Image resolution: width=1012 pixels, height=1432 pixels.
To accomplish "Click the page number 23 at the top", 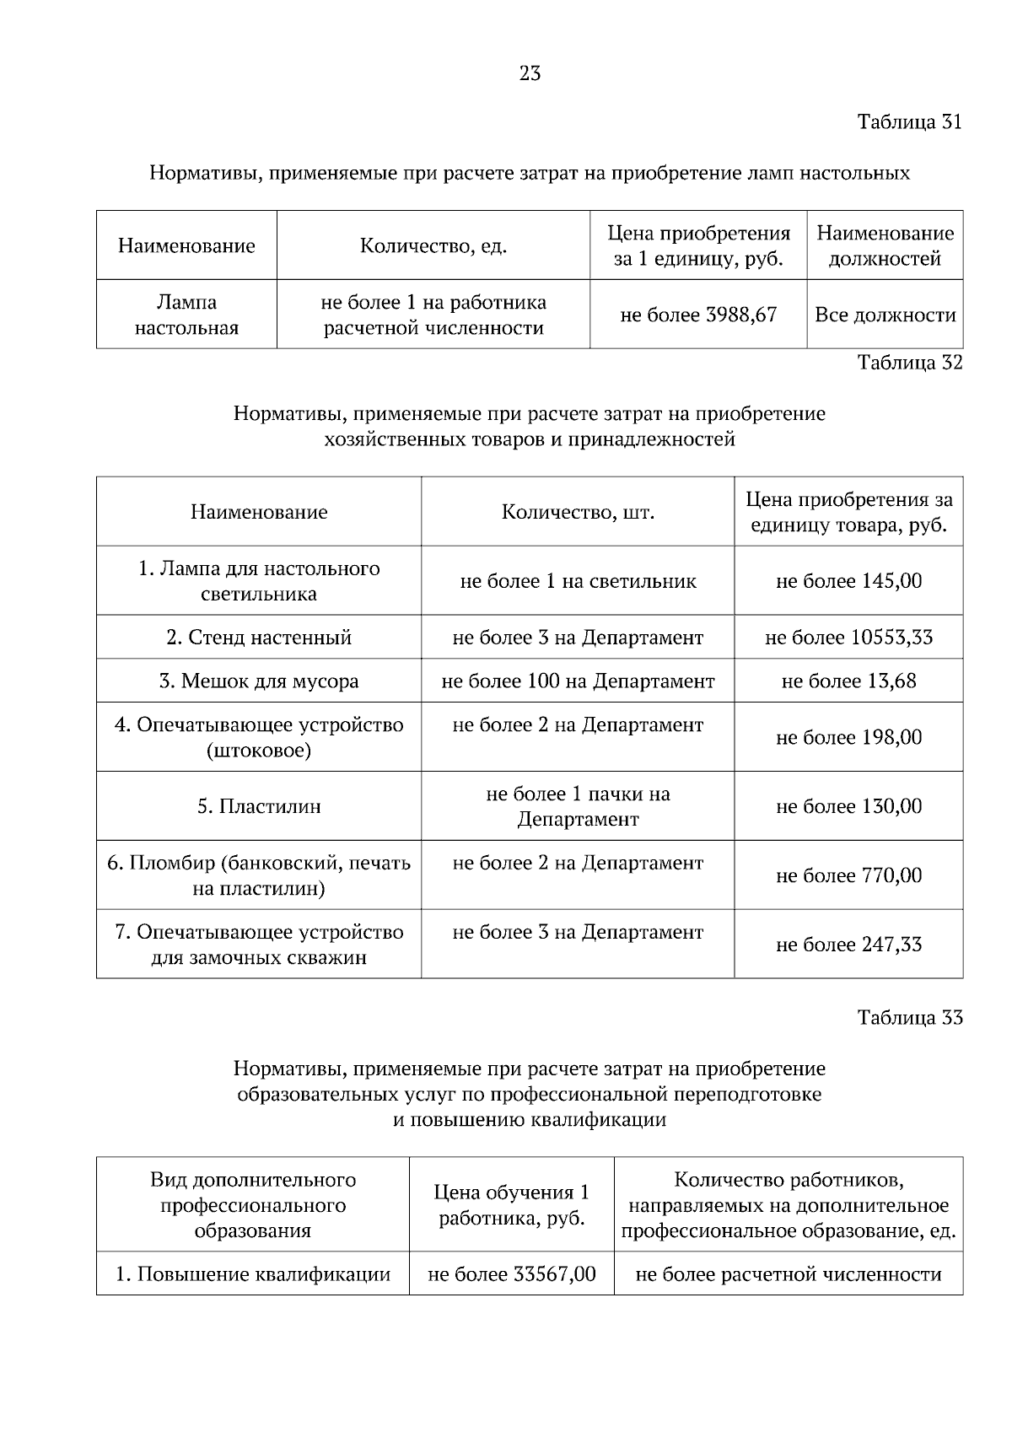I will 530,73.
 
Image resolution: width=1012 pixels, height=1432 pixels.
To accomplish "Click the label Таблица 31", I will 909,121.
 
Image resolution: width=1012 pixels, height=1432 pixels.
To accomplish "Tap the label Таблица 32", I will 909,363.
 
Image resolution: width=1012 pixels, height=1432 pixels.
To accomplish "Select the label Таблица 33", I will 909,1017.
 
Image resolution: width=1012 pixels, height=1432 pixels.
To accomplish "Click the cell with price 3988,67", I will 698,315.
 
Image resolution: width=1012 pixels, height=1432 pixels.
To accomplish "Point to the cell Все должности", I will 885,315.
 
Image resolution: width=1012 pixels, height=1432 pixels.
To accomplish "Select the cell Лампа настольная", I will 186,315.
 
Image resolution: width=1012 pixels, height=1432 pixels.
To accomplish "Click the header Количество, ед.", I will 433,246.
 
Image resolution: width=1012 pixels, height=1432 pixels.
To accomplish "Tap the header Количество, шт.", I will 578,512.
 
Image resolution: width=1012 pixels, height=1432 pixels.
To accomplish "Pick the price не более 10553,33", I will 848,638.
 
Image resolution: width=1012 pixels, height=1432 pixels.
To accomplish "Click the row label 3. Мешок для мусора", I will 259,681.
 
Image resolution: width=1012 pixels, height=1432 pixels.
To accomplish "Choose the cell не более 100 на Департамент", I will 578,681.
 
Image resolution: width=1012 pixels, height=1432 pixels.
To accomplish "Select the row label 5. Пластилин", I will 259,806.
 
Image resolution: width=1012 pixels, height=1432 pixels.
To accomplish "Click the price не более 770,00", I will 848,875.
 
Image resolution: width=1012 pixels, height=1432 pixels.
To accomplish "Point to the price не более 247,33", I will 848,945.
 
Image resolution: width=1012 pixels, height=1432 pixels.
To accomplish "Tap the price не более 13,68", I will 848,681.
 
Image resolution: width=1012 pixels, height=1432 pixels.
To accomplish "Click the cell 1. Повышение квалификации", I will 253,1274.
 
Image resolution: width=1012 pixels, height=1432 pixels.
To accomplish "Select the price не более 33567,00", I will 512,1274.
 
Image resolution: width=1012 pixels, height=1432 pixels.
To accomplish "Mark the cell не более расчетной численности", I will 788,1274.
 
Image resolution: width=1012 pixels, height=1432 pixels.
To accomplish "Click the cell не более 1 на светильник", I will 578,581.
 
